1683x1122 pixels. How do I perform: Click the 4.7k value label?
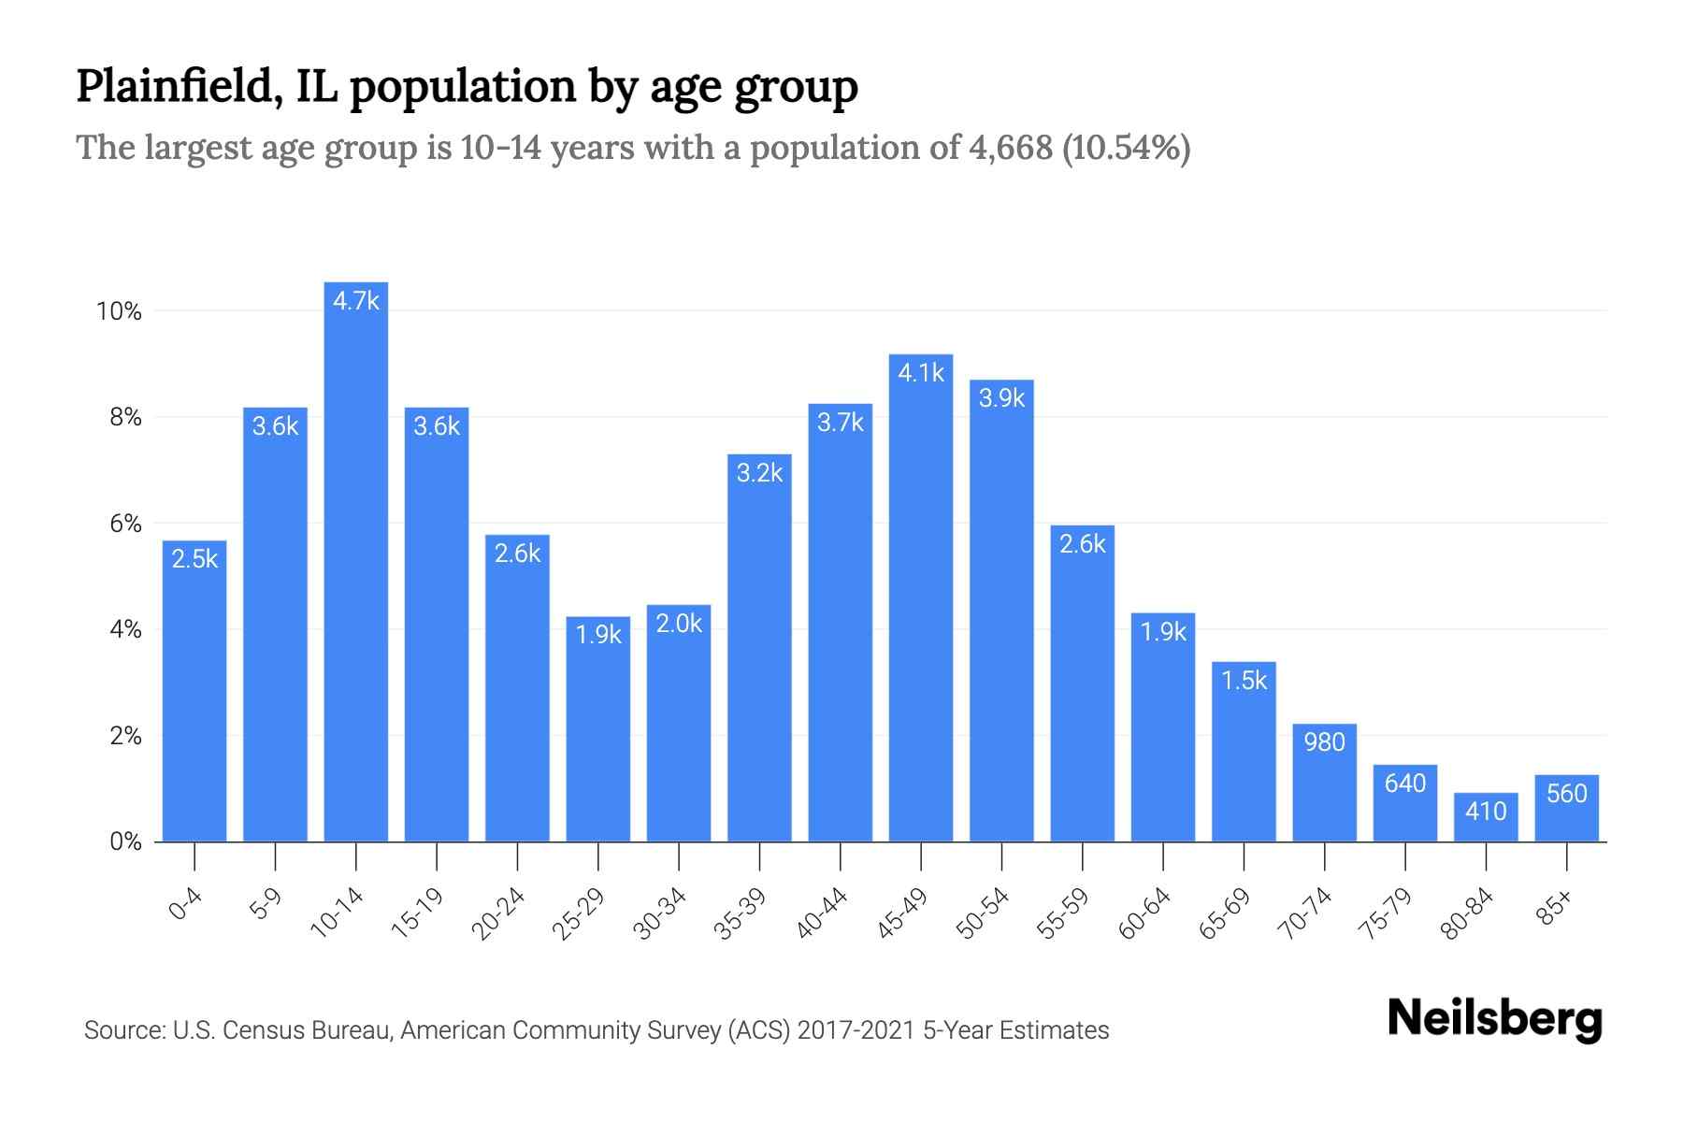pos(356,301)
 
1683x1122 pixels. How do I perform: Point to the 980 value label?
pos(1324,742)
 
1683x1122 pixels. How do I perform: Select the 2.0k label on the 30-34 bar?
pos(679,624)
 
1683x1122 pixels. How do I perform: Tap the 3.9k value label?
pos(1001,398)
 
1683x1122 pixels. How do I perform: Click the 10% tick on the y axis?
pos(119,311)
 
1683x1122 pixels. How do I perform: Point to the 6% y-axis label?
pos(125,524)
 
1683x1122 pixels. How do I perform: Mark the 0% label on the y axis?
pos(125,842)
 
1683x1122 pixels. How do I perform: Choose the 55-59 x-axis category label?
pos(1063,913)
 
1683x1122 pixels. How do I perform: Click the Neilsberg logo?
pos(1494,1019)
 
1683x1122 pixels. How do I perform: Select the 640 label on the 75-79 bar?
pos(1404,784)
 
